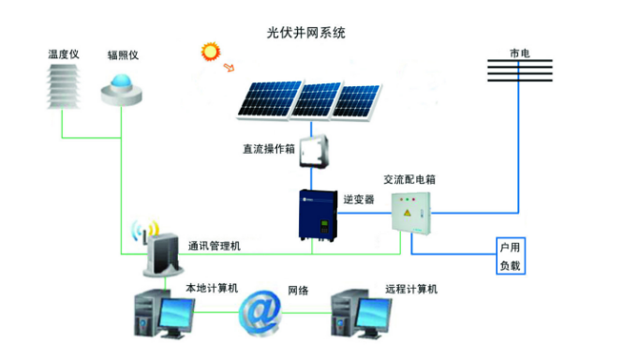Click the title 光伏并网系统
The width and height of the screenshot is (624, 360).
(x=306, y=33)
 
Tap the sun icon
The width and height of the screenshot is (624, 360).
(x=208, y=52)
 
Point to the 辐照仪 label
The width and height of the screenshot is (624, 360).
(x=122, y=55)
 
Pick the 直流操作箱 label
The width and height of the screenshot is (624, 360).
(x=264, y=149)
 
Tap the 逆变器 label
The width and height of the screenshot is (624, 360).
(x=358, y=200)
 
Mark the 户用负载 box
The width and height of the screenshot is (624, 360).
(x=510, y=256)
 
